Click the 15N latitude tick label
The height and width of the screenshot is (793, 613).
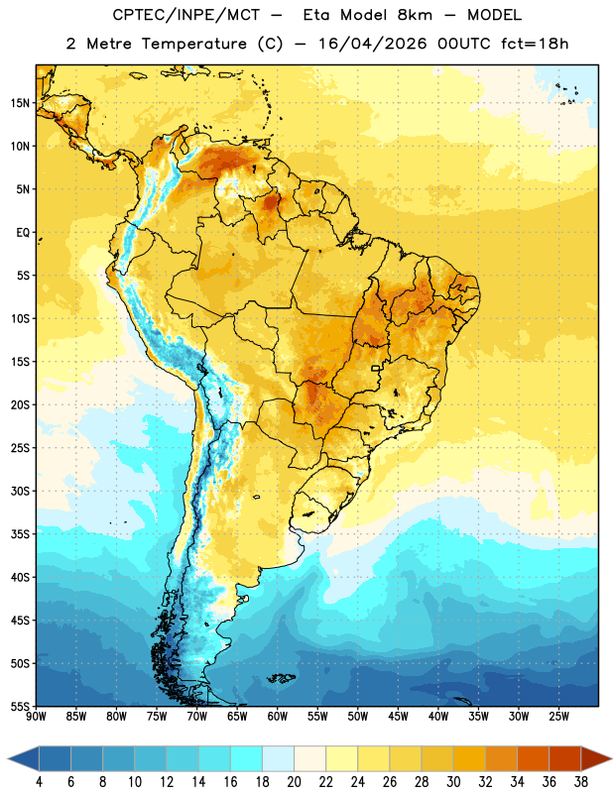pyautogui.click(x=20, y=103)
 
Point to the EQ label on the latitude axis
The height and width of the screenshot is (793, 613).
pyautogui.click(x=23, y=233)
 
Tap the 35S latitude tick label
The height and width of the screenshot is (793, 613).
pyautogui.click(x=20, y=534)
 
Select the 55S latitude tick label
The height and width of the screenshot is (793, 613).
pyautogui.click(x=20, y=706)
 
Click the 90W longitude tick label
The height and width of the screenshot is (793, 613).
pyautogui.click(x=36, y=717)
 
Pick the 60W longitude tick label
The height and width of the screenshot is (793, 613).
pyautogui.click(x=278, y=717)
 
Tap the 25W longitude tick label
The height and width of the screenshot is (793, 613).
pyautogui.click(x=558, y=717)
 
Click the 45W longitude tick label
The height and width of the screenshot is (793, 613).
pyautogui.click(x=399, y=717)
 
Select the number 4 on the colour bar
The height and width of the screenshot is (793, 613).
pyautogui.click(x=39, y=782)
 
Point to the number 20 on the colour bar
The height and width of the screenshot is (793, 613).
pyautogui.click(x=294, y=782)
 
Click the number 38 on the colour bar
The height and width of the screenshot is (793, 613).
pyautogui.click(x=581, y=782)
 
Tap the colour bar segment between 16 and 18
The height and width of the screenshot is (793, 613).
pyautogui.click(x=247, y=758)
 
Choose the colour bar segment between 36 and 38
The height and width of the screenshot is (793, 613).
pyautogui.click(x=565, y=758)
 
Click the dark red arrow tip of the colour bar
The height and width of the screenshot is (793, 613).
pyautogui.click(x=610, y=758)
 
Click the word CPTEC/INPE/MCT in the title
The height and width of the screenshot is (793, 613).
pyautogui.click(x=186, y=15)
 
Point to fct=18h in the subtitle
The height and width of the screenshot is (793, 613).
pyautogui.click(x=535, y=44)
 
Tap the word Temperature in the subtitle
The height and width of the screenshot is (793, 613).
pyautogui.click(x=193, y=44)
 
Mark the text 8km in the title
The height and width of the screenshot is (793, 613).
pyautogui.click(x=415, y=15)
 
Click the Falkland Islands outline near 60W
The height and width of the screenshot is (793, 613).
pyautogui.click(x=281, y=678)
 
